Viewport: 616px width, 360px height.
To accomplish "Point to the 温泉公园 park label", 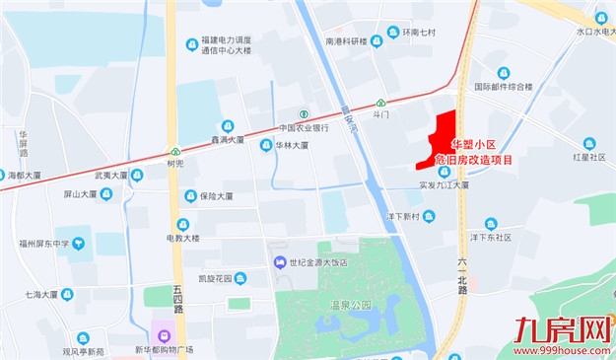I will tap(350, 305).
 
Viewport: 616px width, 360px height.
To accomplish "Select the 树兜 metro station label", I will tap(175, 164).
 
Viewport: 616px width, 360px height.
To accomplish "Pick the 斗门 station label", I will tap(381, 114).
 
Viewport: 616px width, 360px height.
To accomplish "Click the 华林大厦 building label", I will tap(292, 145).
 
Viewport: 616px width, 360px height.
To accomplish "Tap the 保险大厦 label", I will tap(215, 195).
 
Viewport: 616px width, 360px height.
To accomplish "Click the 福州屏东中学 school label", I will tap(35, 243).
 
